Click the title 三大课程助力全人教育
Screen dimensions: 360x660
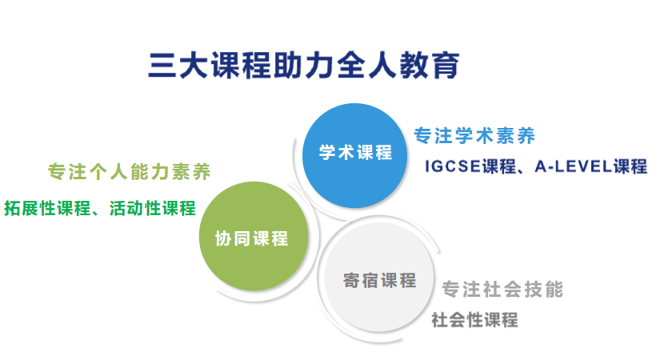click(304, 64)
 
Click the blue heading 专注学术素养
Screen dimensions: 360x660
click(474, 135)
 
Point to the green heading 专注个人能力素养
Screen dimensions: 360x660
click(129, 171)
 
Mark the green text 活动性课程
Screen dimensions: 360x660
click(151, 209)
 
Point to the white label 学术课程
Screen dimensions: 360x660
click(356, 153)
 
